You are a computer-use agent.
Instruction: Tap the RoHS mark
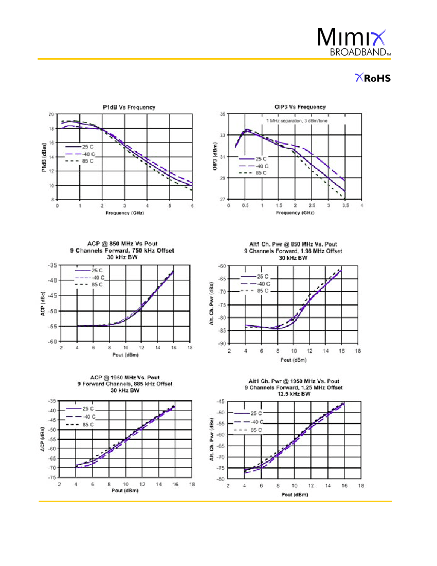pyautogui.click(x=373, y=78)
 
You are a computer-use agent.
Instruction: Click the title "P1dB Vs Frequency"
pyautogui.click(x=129, y=107)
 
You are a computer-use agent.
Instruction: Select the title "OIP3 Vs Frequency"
pyautogui.click(x=300, y=107)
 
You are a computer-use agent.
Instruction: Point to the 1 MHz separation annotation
pyautogui.click(x=297, y=120)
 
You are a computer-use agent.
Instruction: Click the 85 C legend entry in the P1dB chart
pyautogui.click(x=79, y=161)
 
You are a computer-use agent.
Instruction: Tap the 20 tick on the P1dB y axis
pyautogui.click(x=51, y=114)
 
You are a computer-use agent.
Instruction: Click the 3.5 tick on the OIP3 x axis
pyautogui.click(x=345, y=205)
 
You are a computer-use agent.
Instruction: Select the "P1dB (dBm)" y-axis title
pyautogui.click(x=44, y=157)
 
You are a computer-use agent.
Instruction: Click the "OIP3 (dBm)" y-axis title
pyautogui.click(x=215, y=156)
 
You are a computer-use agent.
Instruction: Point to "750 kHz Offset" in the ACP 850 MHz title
pyautogui.click(x=152, y=251)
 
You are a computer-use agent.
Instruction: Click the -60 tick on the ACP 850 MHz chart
pyautogui.click(x=52, y=342)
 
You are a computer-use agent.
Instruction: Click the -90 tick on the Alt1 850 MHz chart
pyautogui.click(x=222, y=344)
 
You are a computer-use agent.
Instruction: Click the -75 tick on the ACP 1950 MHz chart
pyautogui.click(x=52, y=477)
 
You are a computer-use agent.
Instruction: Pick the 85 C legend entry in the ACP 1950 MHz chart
pyautogui.click(x=80, y=424)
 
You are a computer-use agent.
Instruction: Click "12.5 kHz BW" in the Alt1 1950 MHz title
pyautogui.click(x=294, y=394)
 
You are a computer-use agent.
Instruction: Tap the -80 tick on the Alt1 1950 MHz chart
pyautogui.click(x=221, y=479)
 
